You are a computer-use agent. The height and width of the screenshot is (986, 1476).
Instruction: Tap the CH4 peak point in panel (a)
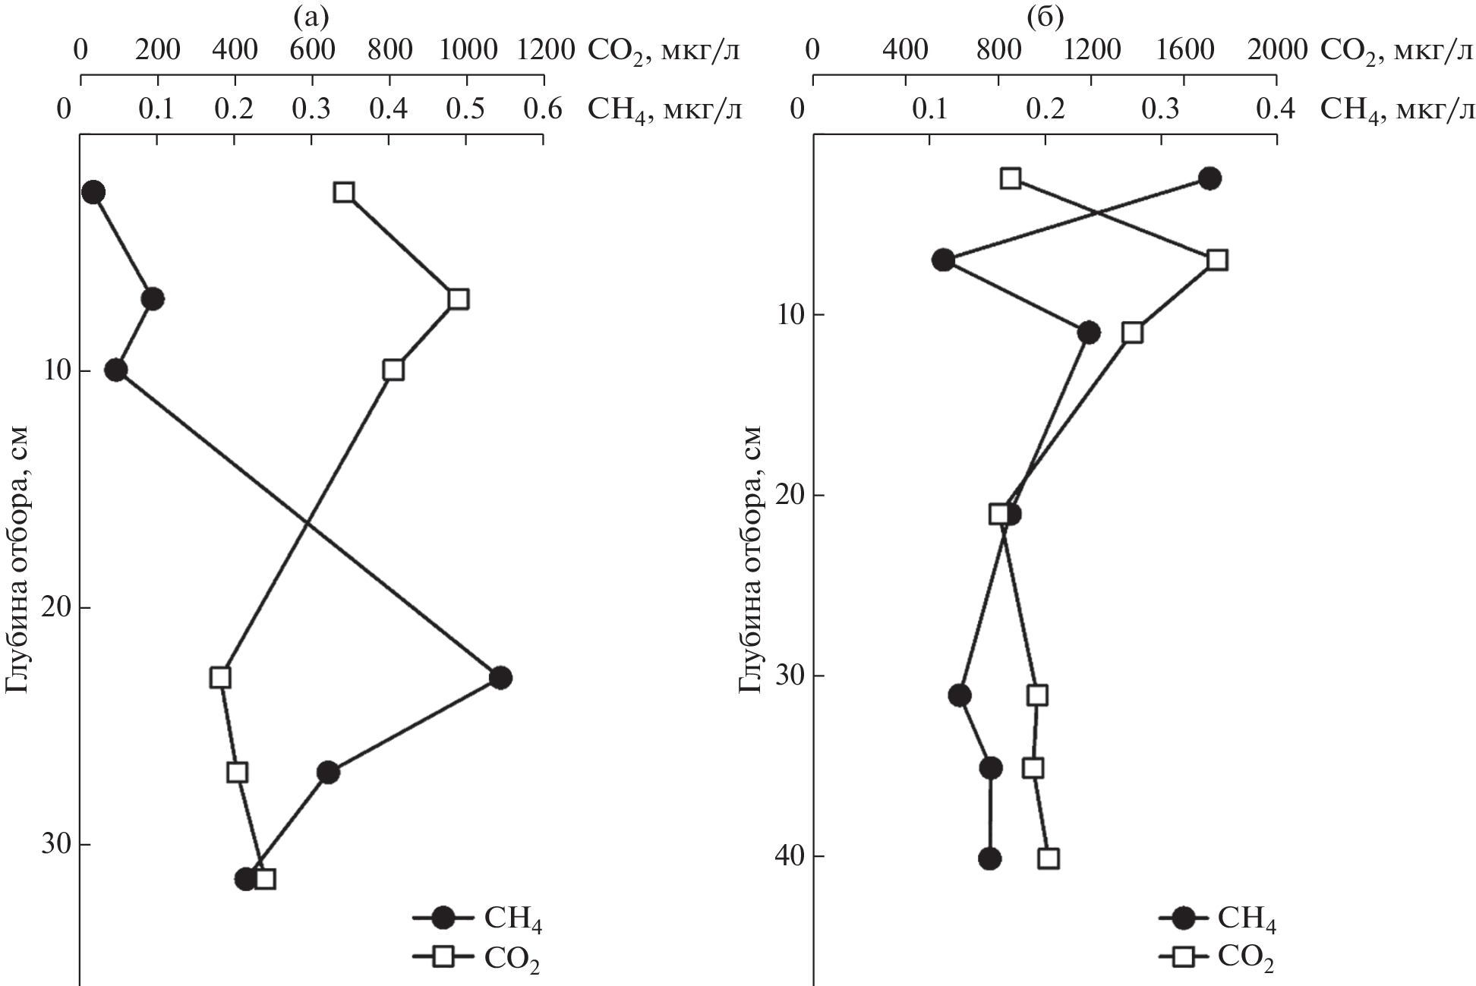click(500, 678)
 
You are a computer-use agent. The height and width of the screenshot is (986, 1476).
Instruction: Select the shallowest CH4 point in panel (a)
click(93, 192)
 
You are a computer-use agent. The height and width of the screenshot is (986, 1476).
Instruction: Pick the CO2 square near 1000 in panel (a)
click(458, 299)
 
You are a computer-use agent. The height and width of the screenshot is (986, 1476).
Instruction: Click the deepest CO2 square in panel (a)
click(265, 880)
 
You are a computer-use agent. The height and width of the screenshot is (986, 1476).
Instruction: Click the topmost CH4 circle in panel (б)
click(1209, 178)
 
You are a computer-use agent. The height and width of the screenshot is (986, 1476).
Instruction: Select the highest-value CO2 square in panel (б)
click(1217, 260)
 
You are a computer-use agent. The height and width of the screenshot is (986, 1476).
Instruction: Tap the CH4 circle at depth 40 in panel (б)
click(989, 858)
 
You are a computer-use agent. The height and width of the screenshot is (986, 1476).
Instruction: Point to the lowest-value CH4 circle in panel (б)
click(943, 260)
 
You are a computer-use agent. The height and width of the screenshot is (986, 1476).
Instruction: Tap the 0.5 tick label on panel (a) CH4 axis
click(465, 111)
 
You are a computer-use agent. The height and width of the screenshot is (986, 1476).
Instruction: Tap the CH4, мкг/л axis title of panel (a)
click(664, 111)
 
